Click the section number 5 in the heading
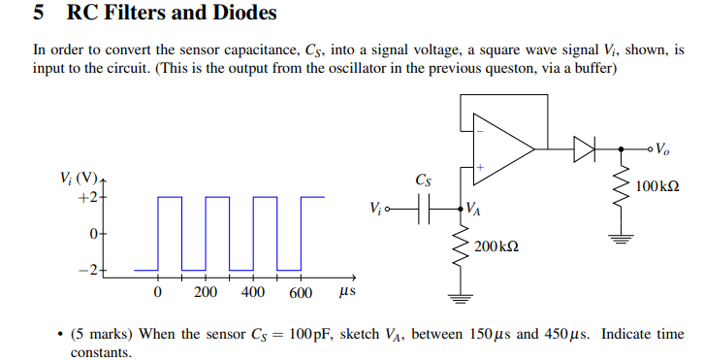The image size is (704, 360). pyautogui.click(x=38, y=14)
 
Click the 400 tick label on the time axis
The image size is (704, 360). pyautogui.click(x=252, y=293)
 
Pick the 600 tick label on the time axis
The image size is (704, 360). pyautogui.click(x=300, y=293)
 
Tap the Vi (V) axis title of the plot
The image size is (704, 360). pyautogui.click(x=78, y=180)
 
